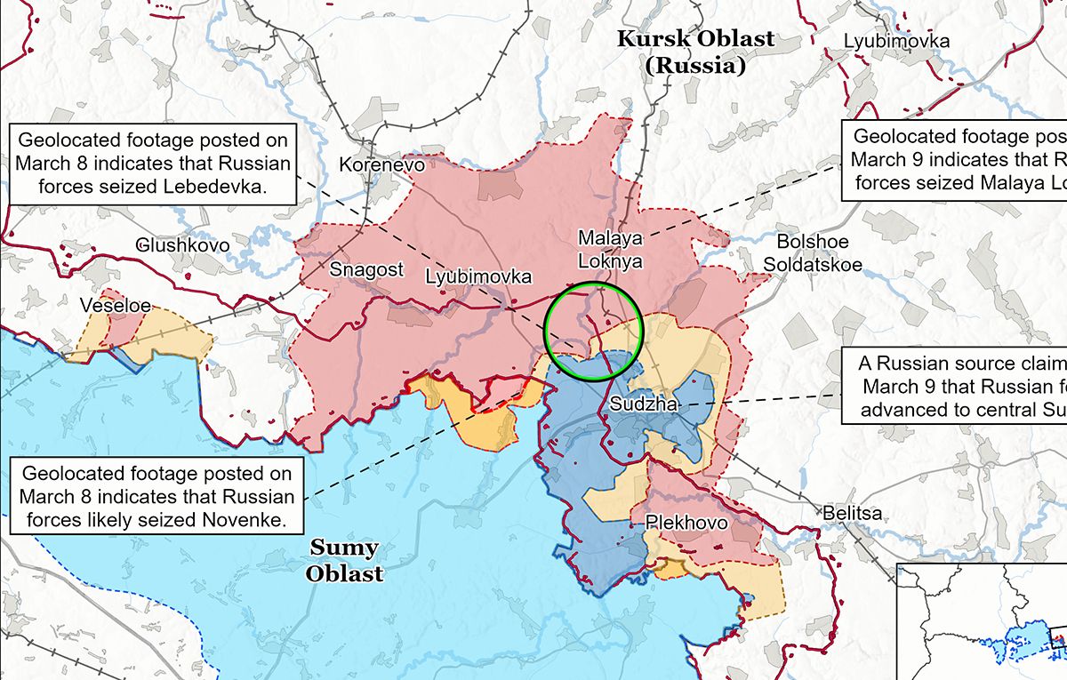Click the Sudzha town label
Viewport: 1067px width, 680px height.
click(x=645, y=404)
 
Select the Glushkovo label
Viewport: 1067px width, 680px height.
click(x=182, y=244)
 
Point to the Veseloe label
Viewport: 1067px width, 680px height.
click(x=115, y=306)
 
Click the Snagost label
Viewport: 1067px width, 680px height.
click(x=366, y=269)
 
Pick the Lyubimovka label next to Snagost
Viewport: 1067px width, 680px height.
click(x=478, y=276)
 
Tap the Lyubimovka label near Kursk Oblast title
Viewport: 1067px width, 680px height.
click(x=896, y=41)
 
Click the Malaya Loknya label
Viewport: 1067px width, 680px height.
click(x=609, y=250)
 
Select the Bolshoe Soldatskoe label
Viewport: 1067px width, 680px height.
click(x=813, y=253)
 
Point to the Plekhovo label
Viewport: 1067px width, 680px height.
click(x=686, y=523)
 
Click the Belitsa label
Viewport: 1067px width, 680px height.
click(x=852, y=514)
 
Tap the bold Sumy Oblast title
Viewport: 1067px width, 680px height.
click(x=344, y=560)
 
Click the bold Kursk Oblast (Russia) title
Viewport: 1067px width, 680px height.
click(x=695, y=52)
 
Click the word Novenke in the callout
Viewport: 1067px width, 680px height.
click(x=250, y=519)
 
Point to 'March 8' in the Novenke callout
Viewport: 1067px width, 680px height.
click(x=60, y=496)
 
